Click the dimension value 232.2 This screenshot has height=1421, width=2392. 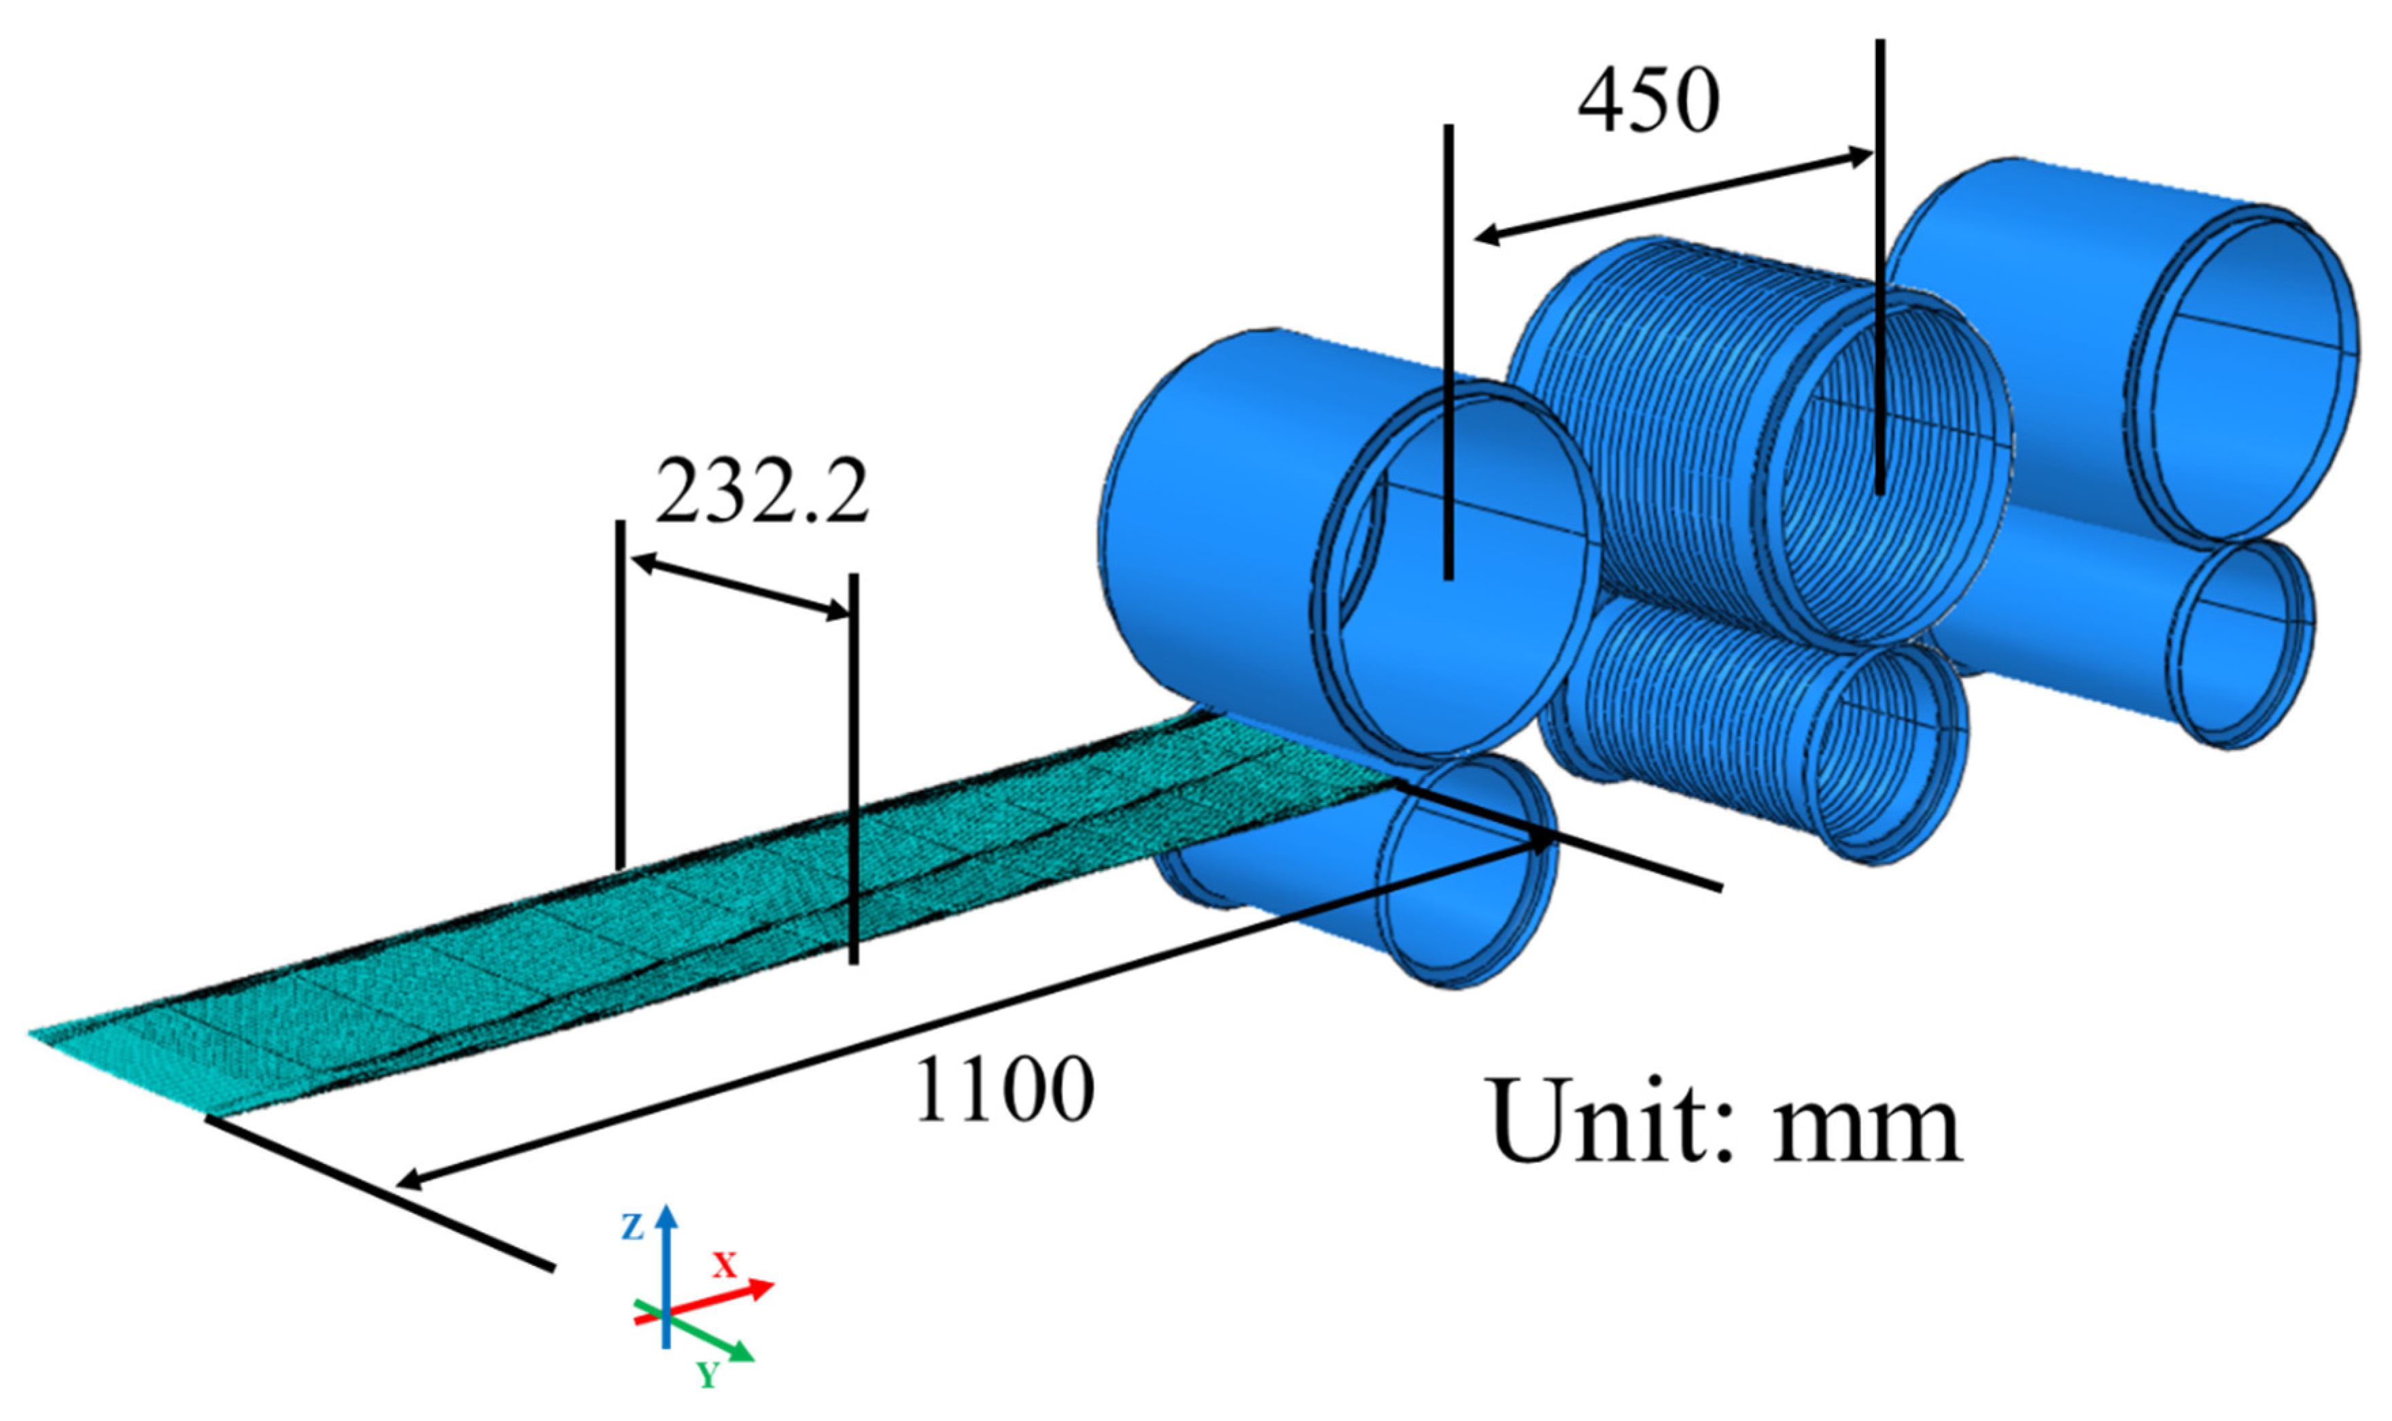pos(761,493)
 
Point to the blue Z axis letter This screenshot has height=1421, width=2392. pos(631,1227)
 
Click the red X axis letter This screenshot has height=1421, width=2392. pos(725,1266)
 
